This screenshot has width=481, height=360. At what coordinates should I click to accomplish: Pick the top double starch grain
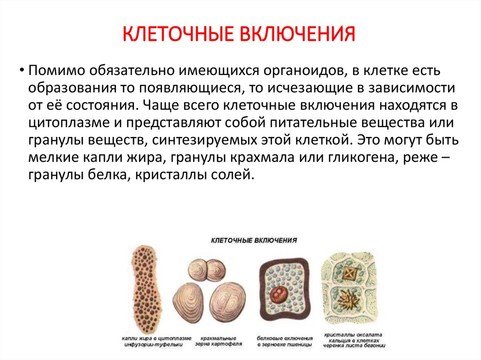coord(207,271)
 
